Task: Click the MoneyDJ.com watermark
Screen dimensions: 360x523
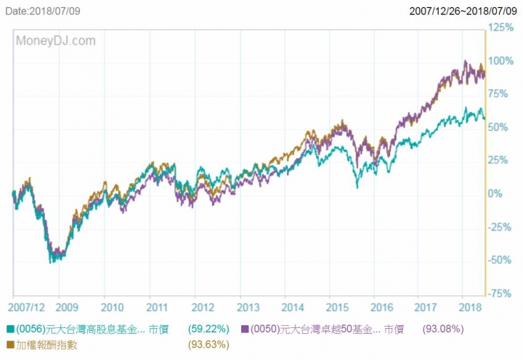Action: pyautogui.click(x=56, y=41)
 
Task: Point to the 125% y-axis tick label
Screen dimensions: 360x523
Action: pyautogui.click(x=501, y=28)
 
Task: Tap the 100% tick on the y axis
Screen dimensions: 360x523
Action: pyautogui.click(x=501, y=61)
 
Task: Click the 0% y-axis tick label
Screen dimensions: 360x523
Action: pyautogui.click(x=496, y=194)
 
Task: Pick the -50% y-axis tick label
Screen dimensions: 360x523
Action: pyautogui.click(x=500, y=260)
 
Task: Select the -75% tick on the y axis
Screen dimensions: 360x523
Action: pyautogui.click(x=500, y=293)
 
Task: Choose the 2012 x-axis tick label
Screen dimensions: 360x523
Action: pyautogui.click(x=203, y=307)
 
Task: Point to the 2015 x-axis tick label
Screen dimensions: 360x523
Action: pyautogui.click(x=338, y=307)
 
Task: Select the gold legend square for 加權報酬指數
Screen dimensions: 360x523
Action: pyautogui.click(x=9, y=345)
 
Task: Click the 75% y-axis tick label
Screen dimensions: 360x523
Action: pyautogui.click(x=499, y=94)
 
